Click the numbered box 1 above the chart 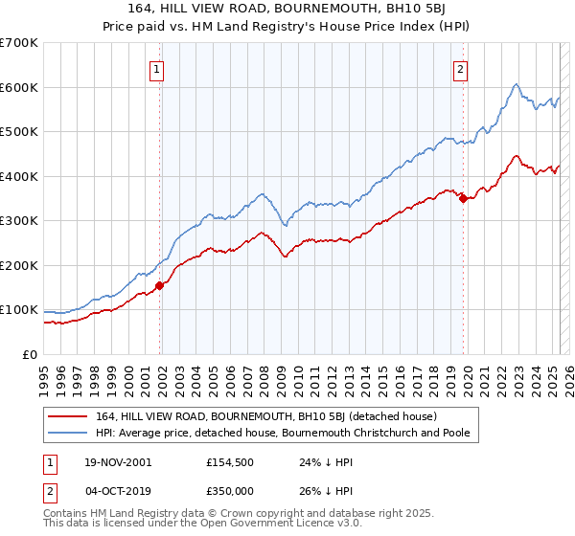pos(156,68)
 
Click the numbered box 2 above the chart pos(461,68)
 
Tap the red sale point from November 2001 pos(160,285)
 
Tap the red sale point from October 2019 pos(463,198)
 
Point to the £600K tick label pos(19,87)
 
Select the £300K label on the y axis pos(19,220)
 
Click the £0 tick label pos(31,354)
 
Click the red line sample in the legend pos(68,417)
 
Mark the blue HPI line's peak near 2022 pos(516,84)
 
